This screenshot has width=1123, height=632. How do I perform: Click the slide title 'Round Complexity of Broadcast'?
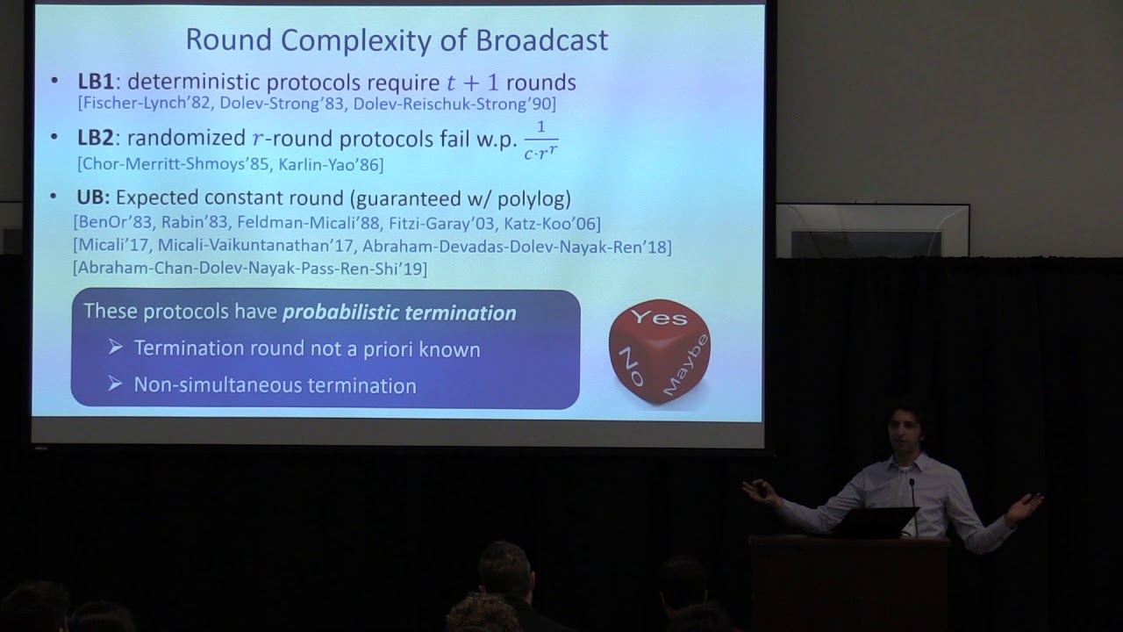[397, 39]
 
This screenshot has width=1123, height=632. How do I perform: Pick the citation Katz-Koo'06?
[552, 223]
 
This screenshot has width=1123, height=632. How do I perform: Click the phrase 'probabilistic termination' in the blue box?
[399, 312]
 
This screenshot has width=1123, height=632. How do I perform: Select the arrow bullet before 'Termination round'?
[116, 348]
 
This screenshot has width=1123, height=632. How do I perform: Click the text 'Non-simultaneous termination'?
[275, 385]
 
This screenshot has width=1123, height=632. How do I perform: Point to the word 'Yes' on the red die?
[659, 317]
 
